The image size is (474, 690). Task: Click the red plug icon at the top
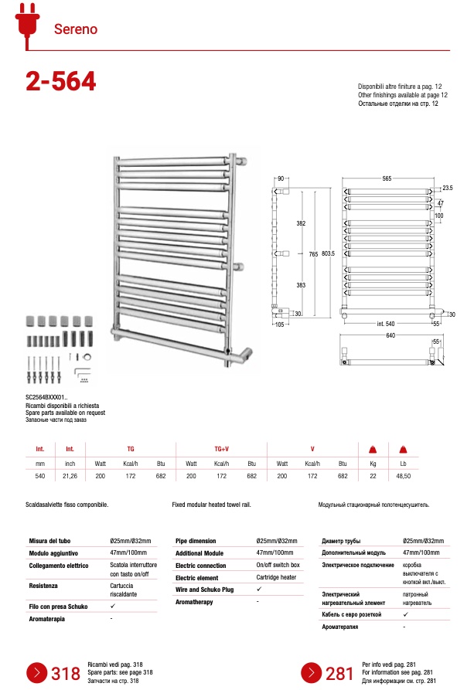pos(26,22)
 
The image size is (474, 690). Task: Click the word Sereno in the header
pos(76,29)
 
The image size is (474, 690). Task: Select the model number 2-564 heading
pos(61,81)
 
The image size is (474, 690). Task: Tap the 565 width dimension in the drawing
pos(387,178)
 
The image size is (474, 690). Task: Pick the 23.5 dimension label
pos(447,188)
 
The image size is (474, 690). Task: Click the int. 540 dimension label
pos(387,323)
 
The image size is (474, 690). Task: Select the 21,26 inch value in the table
pos(70,476)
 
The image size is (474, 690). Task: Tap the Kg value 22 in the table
pos(372,476)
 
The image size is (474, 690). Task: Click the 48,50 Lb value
pos(403,476)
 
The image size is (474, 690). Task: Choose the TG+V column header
pos(220,448)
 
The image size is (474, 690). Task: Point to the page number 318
pos(66,674)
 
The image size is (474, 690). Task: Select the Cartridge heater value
pos(276,577)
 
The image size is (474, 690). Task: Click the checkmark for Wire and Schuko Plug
pos(259,590)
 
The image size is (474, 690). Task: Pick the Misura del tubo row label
pos(50,541)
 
